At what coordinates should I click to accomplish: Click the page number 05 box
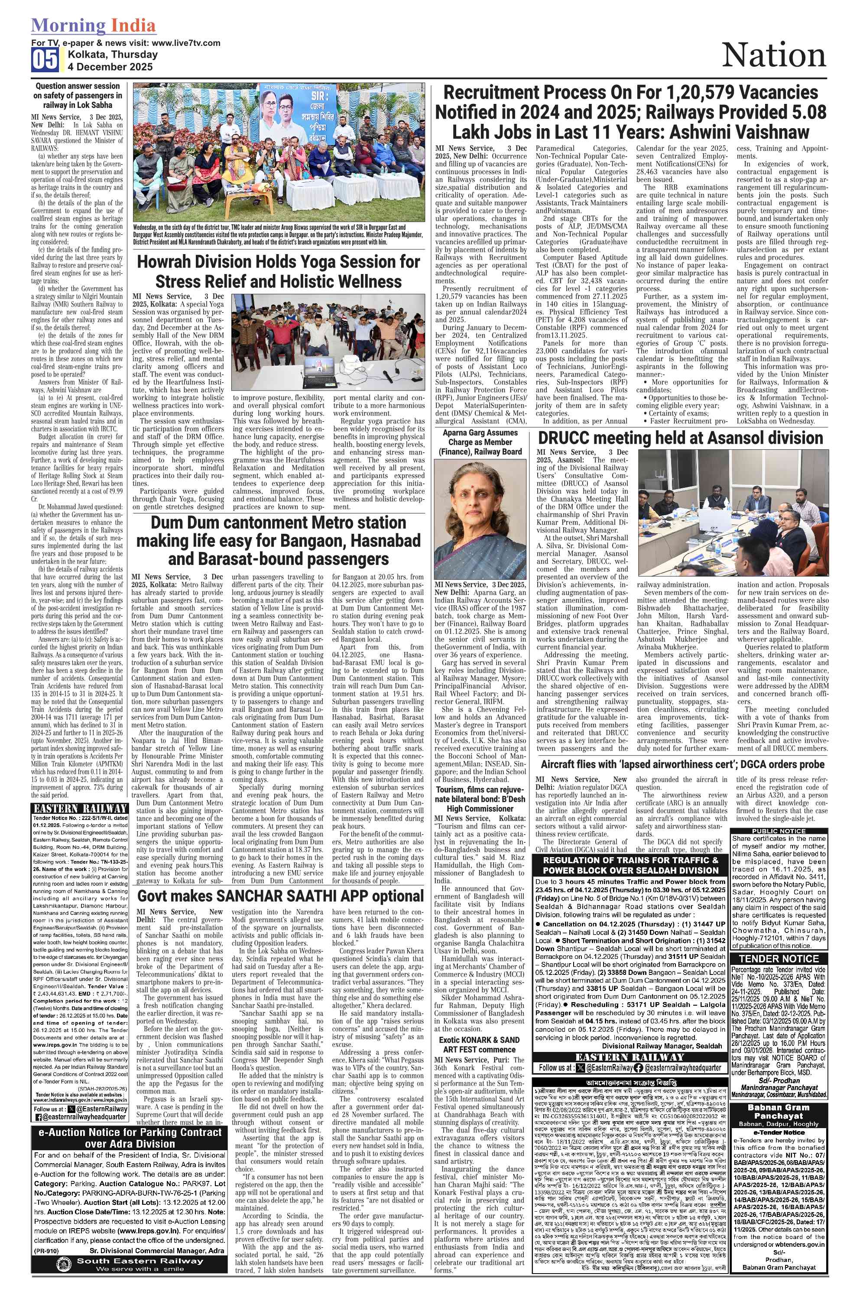(45, 60)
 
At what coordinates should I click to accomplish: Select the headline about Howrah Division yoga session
(279, 271)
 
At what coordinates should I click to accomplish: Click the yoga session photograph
(328, 344)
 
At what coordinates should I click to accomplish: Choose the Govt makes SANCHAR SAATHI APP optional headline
(280, 896)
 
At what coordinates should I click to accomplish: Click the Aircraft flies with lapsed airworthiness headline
(682, 764)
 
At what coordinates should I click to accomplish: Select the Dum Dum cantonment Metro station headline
(278, 540)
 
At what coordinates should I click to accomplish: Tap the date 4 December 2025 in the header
(110, 67)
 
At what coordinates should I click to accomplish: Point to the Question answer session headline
(77, 95)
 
